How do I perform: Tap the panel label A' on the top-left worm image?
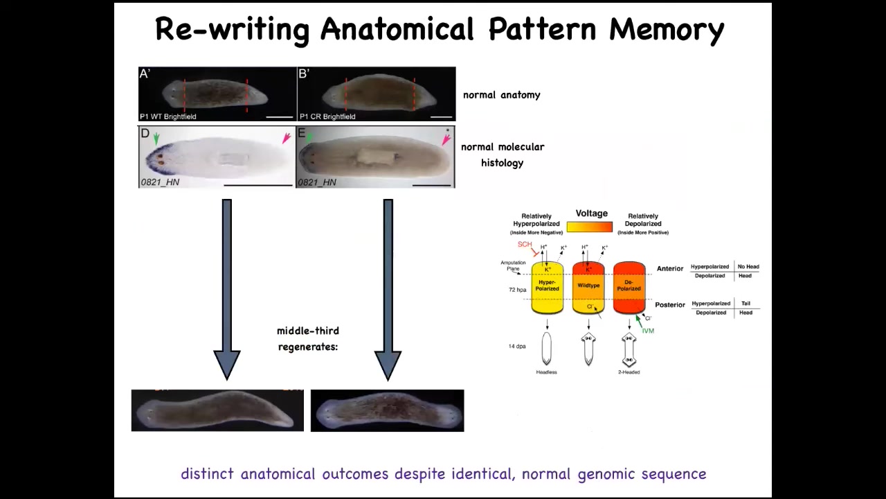coord(145,73)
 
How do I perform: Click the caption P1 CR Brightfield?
coord(327,116)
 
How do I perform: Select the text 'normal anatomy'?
coord(501,95)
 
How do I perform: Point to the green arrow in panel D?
coord(156,139)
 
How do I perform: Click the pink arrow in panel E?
coord(446,140)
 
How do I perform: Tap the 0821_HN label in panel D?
coord(160,182)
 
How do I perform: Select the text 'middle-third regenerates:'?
coord(308,338)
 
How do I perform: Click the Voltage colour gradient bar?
coord(589,227)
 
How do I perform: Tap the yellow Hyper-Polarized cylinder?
coord(547,287)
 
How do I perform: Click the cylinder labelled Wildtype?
coord(588,287)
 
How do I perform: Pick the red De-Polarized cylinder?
coord(629,287)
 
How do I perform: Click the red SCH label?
coord(525,245)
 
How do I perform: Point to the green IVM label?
coord(648,331)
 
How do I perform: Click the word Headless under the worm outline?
coord(546,372)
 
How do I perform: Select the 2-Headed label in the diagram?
coord(629,372)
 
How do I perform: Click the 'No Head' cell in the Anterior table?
coord(748,267)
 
